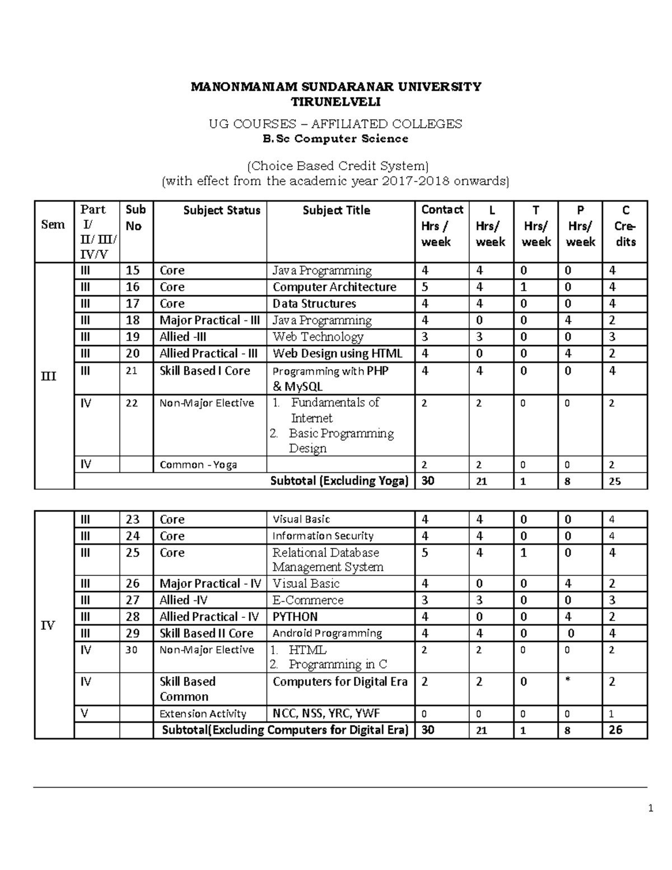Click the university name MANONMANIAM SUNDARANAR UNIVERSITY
pos(335,87)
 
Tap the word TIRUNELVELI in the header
pos(335,102)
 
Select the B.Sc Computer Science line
pos(335,138)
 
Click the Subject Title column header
pos(336,211)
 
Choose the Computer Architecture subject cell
pos(334,287)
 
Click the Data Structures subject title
pos(314,304)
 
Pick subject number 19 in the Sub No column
pos(133,337)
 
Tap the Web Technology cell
pos(318,337)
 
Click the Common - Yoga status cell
pos(198,464)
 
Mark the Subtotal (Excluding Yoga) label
pos(339,481)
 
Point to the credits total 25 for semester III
pos(614,481)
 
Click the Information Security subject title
pos(323,536)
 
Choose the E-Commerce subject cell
pos(307,600)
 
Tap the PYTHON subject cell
pos(295,617)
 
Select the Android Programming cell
pos(327,634)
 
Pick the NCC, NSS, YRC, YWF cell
pos(326,714)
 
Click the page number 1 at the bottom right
pos(650,808)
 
